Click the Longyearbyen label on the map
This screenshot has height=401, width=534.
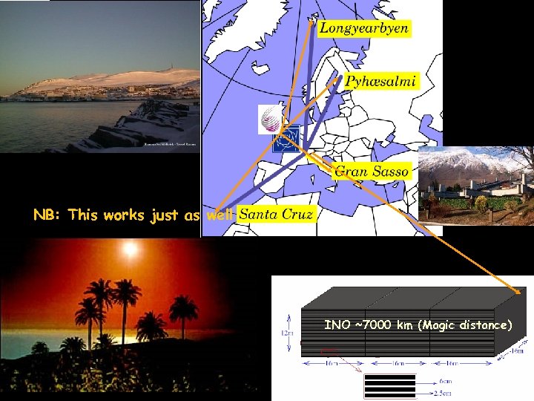tap(363, 28)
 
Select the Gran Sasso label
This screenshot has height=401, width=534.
tap(371, 171)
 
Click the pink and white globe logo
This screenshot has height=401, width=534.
tap(269, 119)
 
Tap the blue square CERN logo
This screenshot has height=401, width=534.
tap(289, 140)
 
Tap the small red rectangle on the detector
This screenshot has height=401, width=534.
tap(329, 351)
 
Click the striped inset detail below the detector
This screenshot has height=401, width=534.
tap(390, 385)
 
